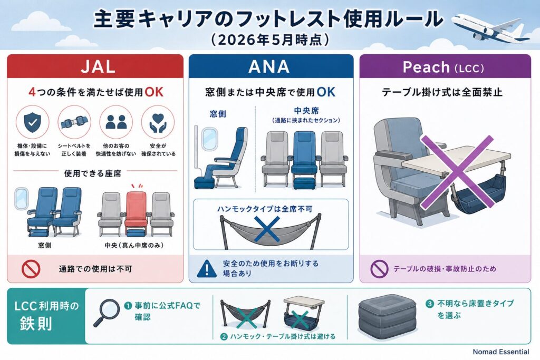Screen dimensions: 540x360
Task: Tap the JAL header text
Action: (98, 66)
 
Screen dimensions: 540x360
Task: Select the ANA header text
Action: (269, 66)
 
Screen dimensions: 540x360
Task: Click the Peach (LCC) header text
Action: (443, 67)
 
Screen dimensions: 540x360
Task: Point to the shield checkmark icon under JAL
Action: (33, 122)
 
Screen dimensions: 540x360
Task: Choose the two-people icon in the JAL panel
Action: (116, 122)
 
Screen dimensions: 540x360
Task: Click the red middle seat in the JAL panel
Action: (136, 213)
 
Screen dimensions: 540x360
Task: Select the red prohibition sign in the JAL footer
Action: (31, 269)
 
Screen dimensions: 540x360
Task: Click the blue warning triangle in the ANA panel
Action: (207, 268)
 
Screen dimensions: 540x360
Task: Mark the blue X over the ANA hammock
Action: (267, 229)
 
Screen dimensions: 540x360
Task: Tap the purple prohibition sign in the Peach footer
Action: (379, 268)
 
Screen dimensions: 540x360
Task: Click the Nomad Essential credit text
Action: (501, 352)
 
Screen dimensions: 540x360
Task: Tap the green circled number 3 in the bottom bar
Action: (429, 304)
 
